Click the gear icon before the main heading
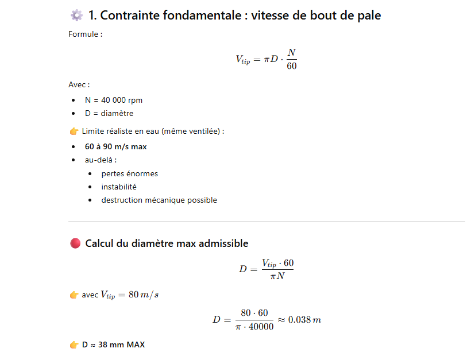pos(76,16)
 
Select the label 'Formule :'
pos(85,34)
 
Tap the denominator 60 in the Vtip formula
pos(291,66)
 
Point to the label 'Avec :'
pos(79,84)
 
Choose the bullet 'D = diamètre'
pos(109,113)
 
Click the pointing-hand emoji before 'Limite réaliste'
pos(74,131)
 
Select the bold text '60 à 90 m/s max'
pos(115,146)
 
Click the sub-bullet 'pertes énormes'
pos(129,173)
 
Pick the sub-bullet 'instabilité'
pos(119,187)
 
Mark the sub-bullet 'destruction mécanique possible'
pos(159,200)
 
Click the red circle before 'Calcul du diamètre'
pos(75,243)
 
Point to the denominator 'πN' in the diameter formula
pos(277,276)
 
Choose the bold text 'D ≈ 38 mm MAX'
pos(113,345)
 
